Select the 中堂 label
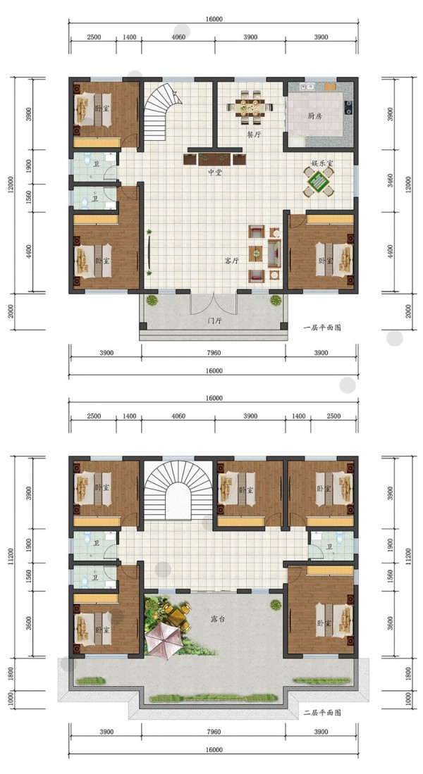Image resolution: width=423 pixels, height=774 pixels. [214, 173]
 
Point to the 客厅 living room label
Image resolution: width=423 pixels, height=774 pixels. [231, 261]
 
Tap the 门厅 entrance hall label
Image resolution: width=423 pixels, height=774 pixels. [214, 321]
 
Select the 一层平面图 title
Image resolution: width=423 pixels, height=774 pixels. [322, 327]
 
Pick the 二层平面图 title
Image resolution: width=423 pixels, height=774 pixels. [322, 713]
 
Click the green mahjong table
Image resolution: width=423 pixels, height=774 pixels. [319, 181]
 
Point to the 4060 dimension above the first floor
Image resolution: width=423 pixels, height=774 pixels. [178, 37]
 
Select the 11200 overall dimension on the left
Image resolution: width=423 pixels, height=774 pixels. [11, 557]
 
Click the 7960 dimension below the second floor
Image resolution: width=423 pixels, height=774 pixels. [213, 732]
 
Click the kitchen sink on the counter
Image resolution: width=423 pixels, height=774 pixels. [310, 87]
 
